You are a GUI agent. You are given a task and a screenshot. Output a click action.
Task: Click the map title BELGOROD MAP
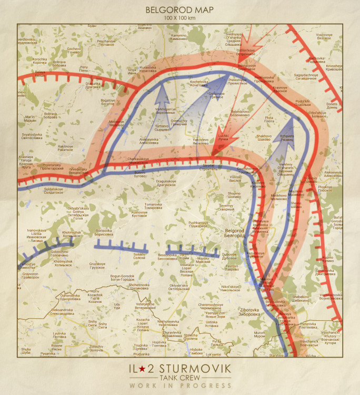click(180, 10)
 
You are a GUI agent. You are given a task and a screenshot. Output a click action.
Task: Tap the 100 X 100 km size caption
click(180, 18)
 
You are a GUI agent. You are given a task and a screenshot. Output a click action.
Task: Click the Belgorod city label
click(235, 233)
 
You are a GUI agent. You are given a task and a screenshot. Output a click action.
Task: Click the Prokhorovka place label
click(264, 79)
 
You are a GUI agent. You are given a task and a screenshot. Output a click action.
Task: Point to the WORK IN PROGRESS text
click(180, 386)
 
